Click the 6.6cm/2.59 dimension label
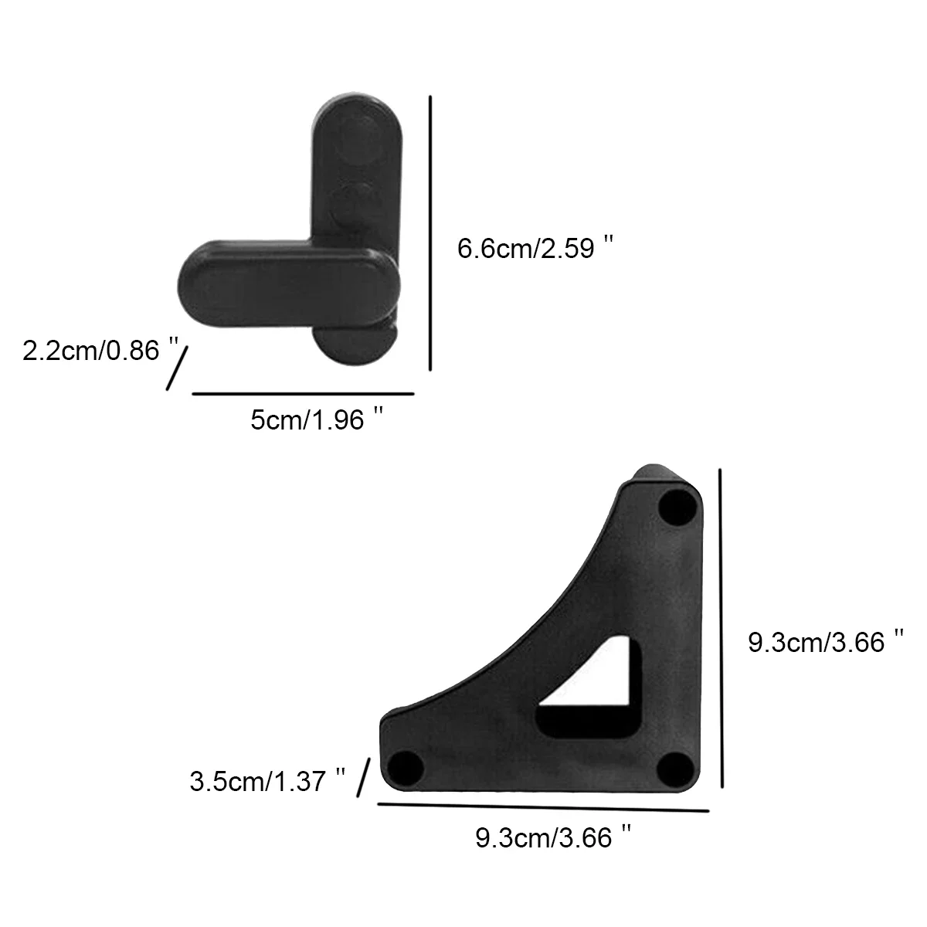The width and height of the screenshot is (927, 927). coord(535,248)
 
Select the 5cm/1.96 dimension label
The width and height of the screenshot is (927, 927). coord(317,419)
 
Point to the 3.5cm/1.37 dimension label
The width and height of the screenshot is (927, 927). coord(267,780)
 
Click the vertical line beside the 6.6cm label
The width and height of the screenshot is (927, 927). coord(430,233)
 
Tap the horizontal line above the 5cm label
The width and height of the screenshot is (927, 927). coord(303,393)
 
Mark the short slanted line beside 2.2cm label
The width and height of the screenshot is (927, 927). coord(177,368)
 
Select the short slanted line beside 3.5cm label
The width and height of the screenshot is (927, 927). coord(364,777)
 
